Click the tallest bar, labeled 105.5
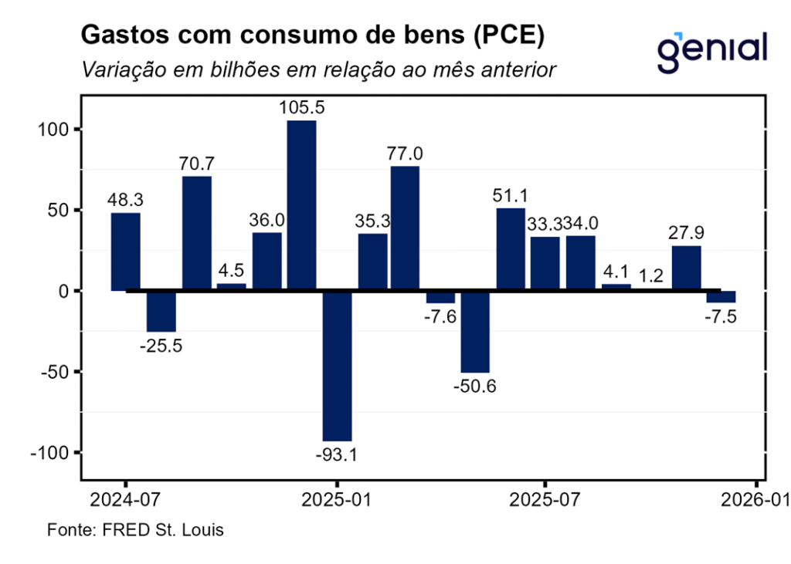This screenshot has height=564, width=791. [301, 205]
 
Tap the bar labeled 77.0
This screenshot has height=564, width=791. [406, 228]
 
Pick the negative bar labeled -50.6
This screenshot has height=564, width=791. [475, 332]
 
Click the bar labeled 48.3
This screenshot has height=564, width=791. [126, 252]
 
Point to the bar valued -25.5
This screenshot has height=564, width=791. [161, 311]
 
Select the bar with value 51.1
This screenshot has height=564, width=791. [511, 249]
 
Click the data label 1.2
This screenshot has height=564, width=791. [652, 275]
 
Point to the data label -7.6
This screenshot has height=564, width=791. [440, 316]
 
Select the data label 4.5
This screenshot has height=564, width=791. [230, 272]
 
